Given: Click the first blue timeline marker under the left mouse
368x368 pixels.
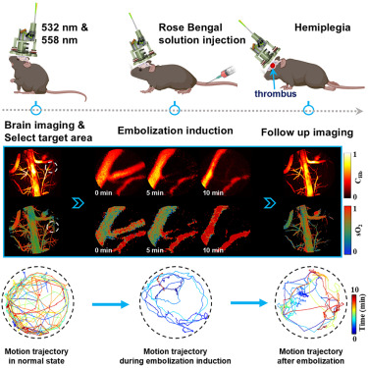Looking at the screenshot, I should coord(37,109).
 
